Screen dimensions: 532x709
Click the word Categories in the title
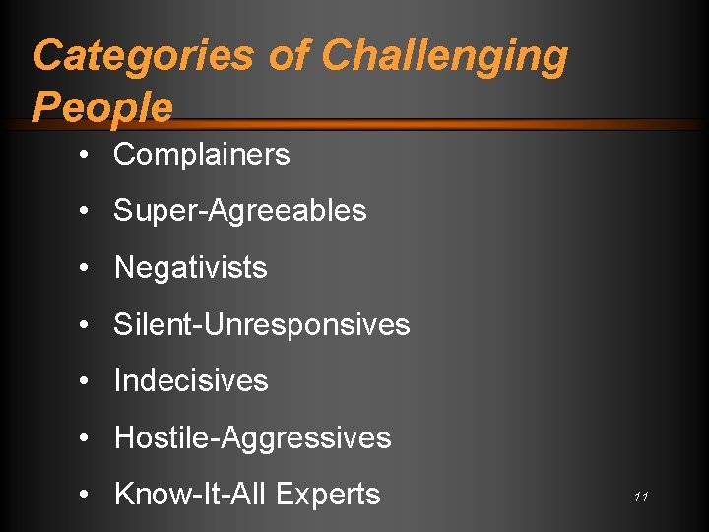(144, 56)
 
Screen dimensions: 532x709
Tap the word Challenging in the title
(445, 56)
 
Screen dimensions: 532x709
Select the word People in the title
(102, 106)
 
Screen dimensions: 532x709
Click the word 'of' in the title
(289, 56)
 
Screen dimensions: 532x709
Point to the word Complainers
(202, 155)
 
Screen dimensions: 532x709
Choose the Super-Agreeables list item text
(240, 211)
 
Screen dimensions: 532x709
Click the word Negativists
(191, 268)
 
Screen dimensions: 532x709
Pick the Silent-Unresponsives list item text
(262, 324)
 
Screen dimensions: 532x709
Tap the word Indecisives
(191, 381)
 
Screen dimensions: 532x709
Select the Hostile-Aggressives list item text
(253, 437)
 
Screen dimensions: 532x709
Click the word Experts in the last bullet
(330, 495)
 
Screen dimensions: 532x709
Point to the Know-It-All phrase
(191, 495)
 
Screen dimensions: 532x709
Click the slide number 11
(641, 498)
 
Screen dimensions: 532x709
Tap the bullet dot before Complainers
(89, 156)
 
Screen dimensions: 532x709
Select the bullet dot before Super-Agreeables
(89, 212)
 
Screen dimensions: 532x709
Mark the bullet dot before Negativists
(89, 269)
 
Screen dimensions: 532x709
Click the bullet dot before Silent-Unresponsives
(89, 325)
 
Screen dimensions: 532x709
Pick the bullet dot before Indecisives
(89, 382)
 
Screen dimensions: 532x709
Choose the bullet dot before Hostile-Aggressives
(89, 438)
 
